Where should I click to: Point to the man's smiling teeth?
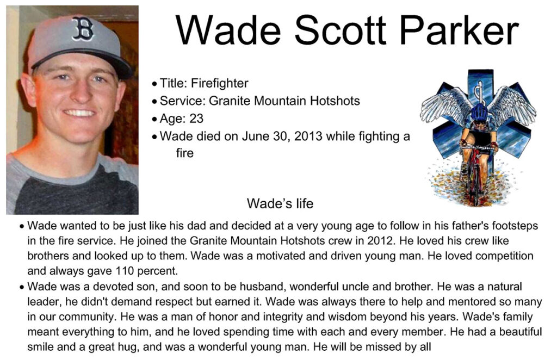pyautogui.click(x=79, y=113)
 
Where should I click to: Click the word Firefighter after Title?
pyautogui.click(x=220, y=83)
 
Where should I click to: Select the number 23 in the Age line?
pyautogui.click(x=196, y=118)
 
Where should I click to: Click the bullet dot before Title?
pyautogui.click(x=154, y=84)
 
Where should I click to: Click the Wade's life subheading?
pyautogui.click(x=280, y=203)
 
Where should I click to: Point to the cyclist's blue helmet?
pyautogui.click(x=480, y=112)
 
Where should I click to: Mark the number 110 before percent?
pyautogui.click(x=125, y=271)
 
